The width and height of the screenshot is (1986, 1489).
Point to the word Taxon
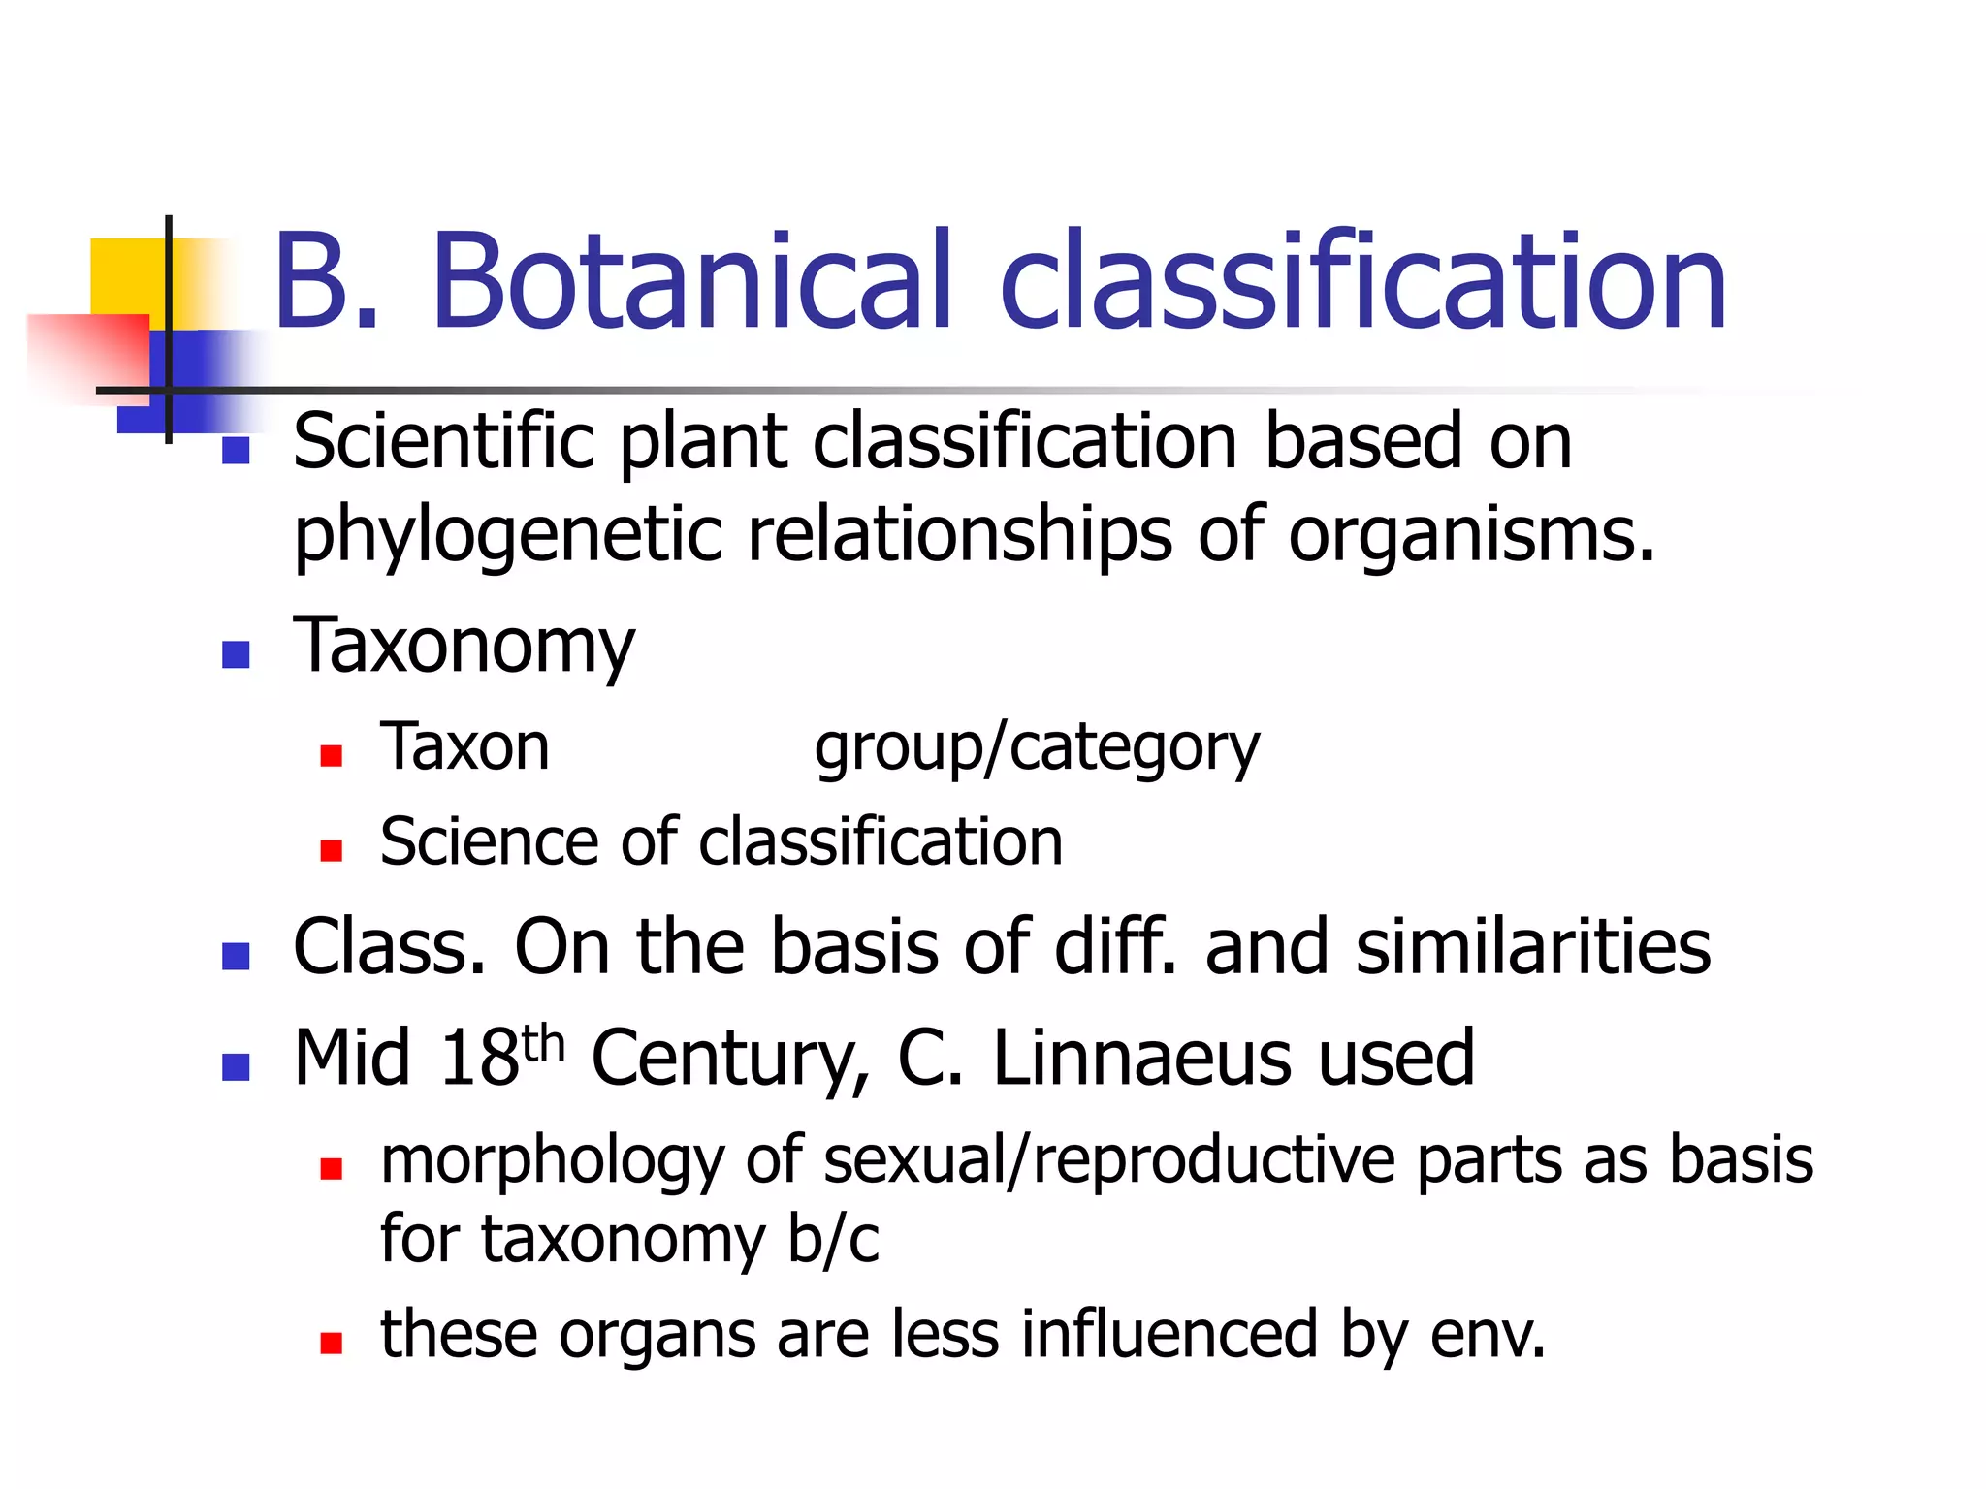[464, 747]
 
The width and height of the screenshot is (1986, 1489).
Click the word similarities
[1533, 947]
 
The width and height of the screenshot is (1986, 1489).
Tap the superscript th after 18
[542, 1044]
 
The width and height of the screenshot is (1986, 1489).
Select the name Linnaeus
[1141, 1058]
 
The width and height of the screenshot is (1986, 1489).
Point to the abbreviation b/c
[833, 1240]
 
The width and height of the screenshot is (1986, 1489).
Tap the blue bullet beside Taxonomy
[236, 655]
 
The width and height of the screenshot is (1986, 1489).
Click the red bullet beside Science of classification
[332, 850]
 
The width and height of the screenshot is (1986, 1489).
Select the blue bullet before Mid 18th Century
[236, 1067]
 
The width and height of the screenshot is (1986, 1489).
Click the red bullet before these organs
[332, 1343]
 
